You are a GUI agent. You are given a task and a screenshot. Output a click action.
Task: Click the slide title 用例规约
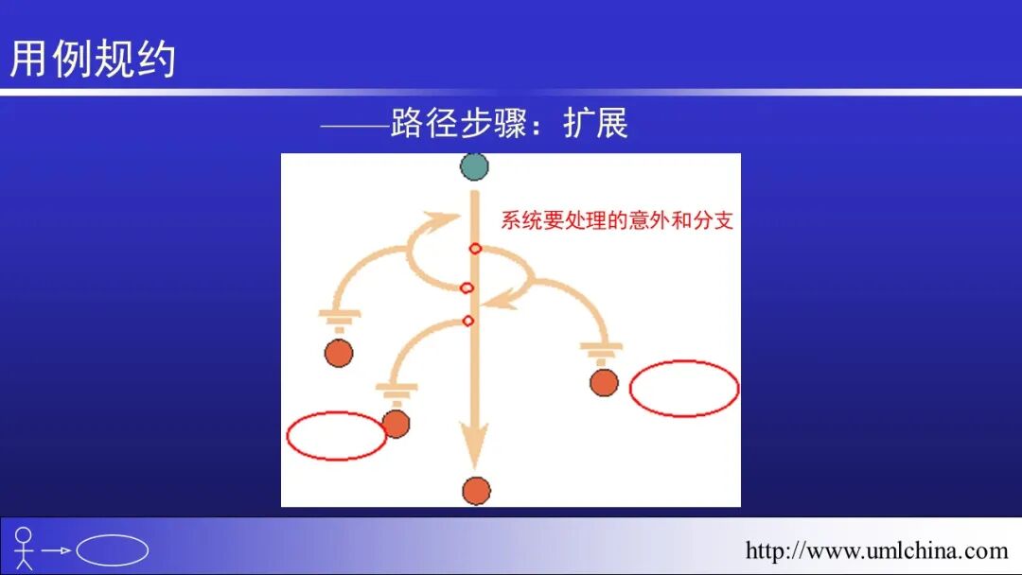point(93,59)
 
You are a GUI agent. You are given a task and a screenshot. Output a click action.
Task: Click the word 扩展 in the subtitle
point(595,124)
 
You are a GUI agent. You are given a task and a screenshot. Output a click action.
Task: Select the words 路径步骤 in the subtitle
point(458,124)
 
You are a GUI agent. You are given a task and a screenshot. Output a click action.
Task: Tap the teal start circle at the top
point(474,167)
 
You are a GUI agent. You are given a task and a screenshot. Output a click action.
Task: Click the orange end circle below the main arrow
point(476,491)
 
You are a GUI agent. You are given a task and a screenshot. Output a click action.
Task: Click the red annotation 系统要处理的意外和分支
point(617,221)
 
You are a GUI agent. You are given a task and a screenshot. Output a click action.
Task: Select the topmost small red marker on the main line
point(475,249)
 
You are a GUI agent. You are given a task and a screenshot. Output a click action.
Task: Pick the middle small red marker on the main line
point(467,287)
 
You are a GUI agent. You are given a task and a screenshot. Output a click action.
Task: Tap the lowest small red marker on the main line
point(467,321)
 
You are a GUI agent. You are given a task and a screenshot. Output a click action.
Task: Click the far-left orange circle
point(339,353)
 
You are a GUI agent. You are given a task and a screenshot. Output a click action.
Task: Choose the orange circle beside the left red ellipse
point(396,423)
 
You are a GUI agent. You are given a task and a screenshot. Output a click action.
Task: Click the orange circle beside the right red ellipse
point(604,382)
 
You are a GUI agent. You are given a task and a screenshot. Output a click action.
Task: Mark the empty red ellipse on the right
point(684,388)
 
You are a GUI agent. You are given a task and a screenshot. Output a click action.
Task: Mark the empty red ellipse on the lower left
point(336,436)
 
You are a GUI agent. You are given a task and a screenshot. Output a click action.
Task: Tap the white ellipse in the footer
point(112,550)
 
